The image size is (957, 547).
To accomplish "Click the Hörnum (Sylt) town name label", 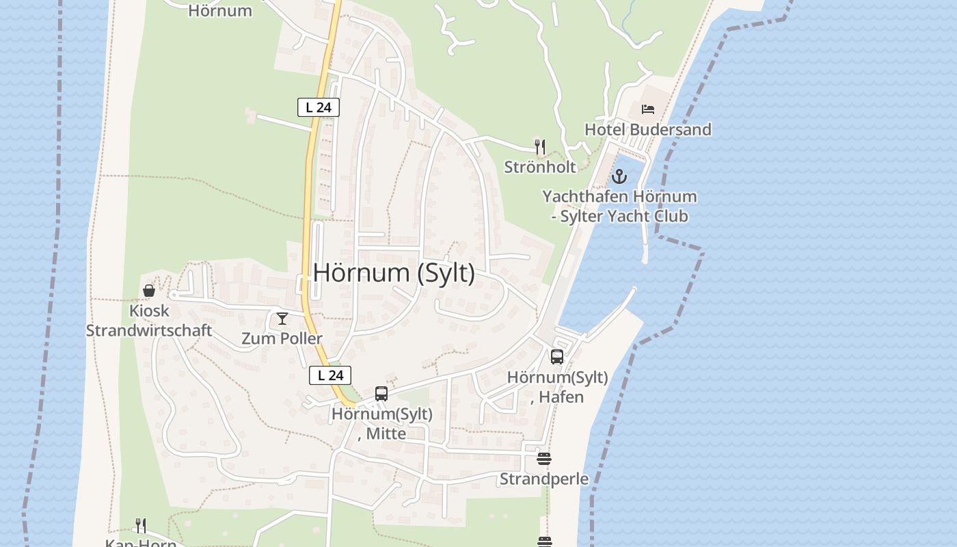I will click(394, 273).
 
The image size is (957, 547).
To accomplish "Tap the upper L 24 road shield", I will click(319, 107).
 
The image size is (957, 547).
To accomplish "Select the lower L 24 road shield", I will click(330, 375).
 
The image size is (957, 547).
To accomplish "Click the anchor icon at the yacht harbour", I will click(619, 176).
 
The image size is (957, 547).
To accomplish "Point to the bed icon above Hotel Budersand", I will click(647, 109).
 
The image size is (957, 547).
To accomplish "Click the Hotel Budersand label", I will click(647, 129).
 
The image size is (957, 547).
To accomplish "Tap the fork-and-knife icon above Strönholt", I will click(540, 146).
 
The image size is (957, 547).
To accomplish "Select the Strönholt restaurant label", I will click(540, 167).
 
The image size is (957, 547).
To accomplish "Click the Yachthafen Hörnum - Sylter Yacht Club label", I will click(619, 206).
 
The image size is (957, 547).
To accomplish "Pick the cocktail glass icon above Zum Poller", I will click(282, 319).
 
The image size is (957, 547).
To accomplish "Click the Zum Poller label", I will click(282, 338).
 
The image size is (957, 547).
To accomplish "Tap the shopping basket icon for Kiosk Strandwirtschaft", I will click(149, 291).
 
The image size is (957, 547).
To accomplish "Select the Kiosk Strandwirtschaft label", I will click(149, 321).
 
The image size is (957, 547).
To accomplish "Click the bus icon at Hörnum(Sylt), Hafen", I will click(557, 356).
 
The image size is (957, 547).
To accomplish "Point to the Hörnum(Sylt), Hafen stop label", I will click(558, 387).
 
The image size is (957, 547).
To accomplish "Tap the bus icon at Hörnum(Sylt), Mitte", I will click(381, 394).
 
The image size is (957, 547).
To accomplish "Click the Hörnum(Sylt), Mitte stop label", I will click(382, 424).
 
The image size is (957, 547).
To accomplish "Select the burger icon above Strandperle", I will click(544, 459).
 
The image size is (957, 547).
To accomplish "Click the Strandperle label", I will click(544, 479).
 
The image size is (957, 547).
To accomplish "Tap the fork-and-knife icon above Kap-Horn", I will click(141, 525).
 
